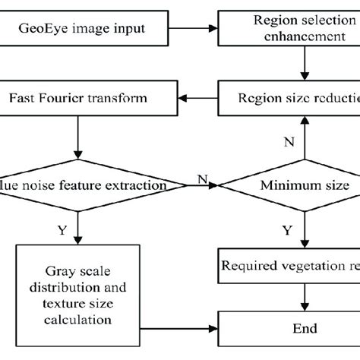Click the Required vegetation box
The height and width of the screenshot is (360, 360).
[289, 266]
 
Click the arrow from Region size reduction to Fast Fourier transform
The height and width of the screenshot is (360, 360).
[196, 99]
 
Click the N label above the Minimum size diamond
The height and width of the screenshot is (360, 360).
[289, 141]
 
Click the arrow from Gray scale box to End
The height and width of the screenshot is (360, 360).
[178, 330]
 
